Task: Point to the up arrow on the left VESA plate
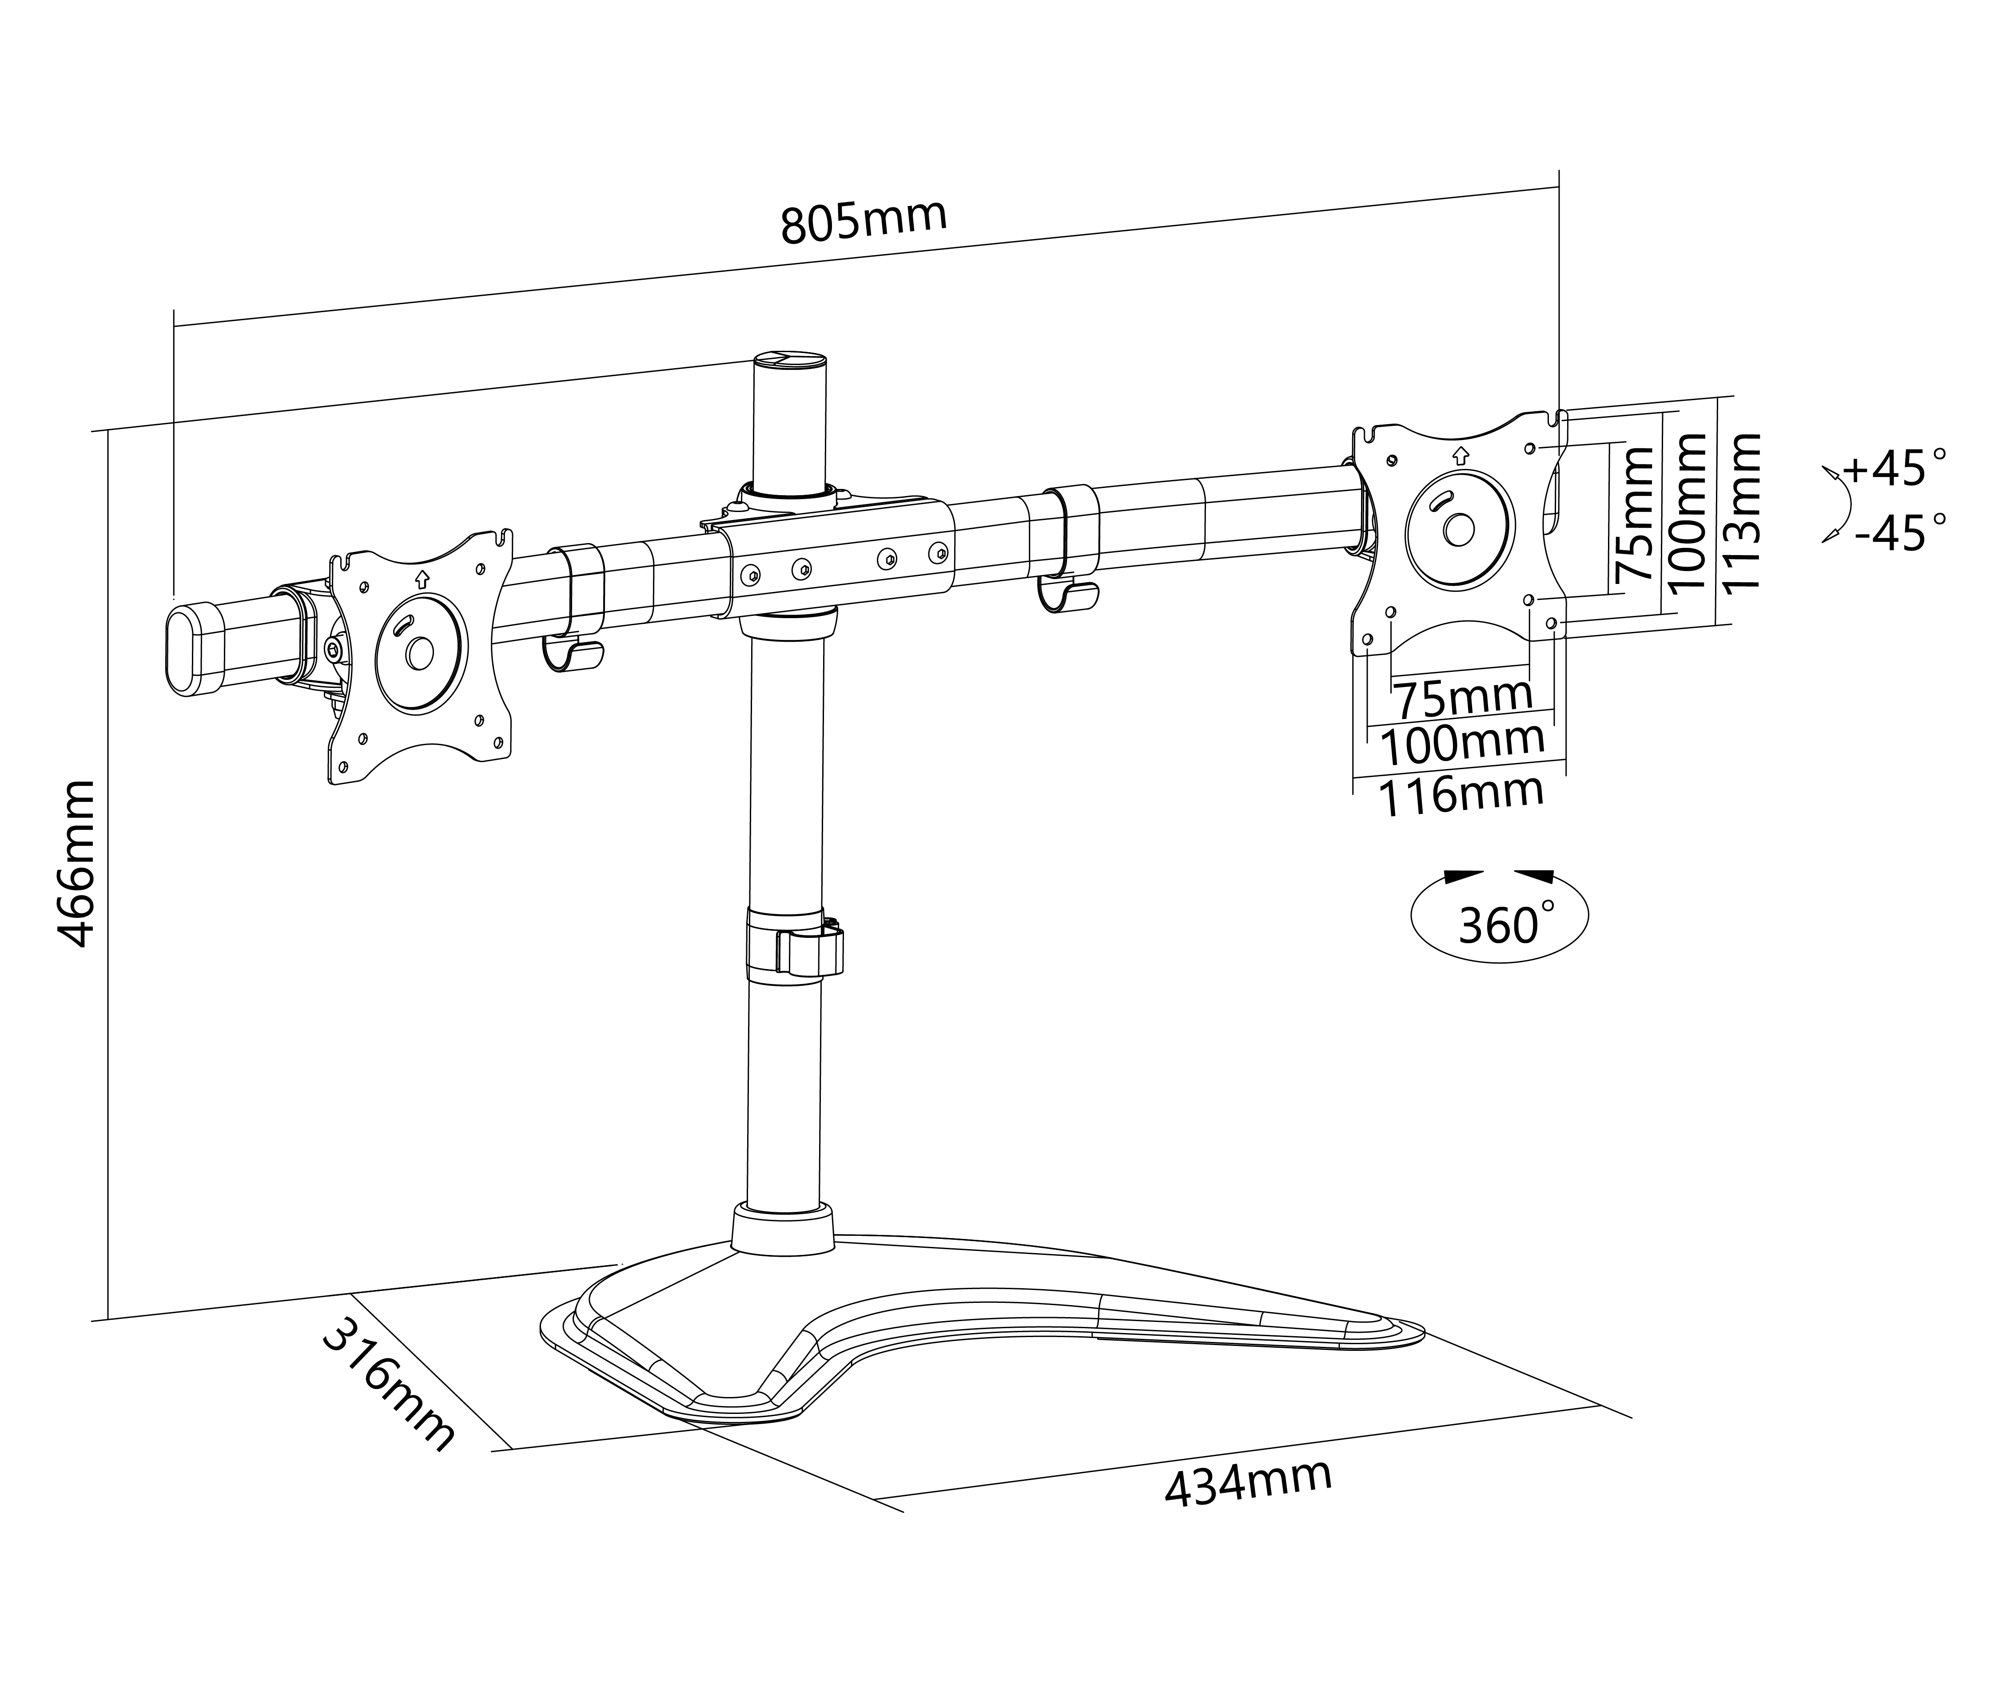click(422, 579)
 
